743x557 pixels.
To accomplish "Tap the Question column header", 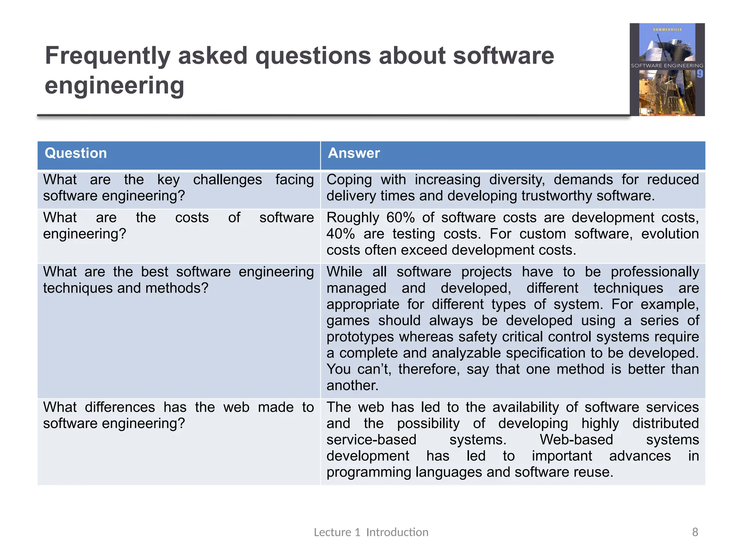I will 75,153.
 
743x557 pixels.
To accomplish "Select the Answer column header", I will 354,153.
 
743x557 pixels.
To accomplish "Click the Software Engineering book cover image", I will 667,70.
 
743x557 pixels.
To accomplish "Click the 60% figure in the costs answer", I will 400,218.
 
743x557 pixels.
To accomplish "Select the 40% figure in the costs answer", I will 340,234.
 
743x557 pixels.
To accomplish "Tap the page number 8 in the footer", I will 695,532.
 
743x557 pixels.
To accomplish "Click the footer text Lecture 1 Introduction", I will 371,532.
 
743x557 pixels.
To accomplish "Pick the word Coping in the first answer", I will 349,180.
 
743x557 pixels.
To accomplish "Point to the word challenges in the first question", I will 227,180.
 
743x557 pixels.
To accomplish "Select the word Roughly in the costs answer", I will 352,218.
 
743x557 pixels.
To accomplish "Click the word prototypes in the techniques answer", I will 360,337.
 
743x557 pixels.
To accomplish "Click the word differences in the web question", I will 120,407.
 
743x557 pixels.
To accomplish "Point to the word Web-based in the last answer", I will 576,440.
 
